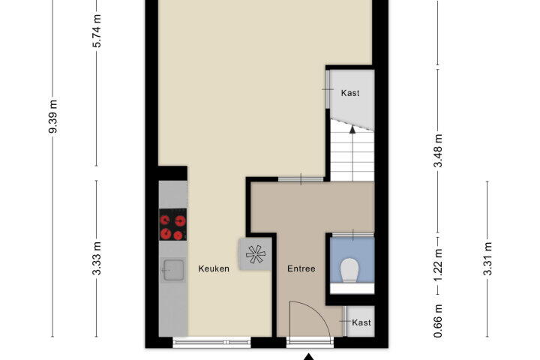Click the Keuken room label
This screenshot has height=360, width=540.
tap(214, 268)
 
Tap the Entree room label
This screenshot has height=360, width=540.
tap(301, 268)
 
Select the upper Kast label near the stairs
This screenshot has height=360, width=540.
tap(350, 93)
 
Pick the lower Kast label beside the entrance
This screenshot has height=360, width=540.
tap(361, 322)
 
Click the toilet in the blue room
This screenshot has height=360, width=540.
tap(349, 270)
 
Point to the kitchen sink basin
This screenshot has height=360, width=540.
tap(173, 270)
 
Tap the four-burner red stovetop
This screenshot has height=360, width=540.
tap(173, 224)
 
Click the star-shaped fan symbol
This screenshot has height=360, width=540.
tap(256, 254)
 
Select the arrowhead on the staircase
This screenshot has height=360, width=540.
tap(352, 130)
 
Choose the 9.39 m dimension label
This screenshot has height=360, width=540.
tap(53, 116)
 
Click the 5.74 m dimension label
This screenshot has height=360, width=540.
tap(97, 31)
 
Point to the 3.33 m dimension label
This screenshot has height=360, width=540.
tap(97, 258)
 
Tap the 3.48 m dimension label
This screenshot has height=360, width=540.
tap(438, 151)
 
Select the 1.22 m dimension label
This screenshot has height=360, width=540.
tap(438, 265)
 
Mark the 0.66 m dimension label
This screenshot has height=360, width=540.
tap(438, 321)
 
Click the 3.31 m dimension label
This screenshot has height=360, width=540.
tap(487, 259)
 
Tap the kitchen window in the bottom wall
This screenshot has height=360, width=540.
tap(211, 342)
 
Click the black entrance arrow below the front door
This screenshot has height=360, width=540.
tap(309, 357)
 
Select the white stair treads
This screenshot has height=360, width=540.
tap(352, 151)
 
